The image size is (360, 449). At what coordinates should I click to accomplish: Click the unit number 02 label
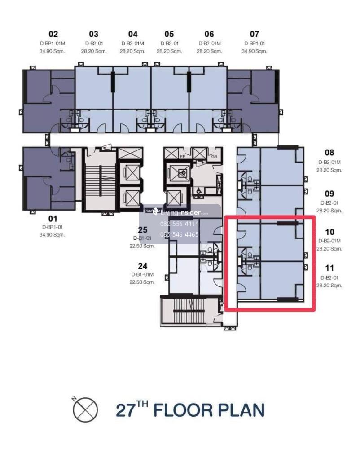click(x=53, y=34)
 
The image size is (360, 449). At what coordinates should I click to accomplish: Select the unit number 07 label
click(x=255, y=34)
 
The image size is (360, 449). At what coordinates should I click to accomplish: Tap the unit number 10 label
click(x=329, y=232)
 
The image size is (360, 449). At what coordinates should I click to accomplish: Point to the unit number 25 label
click(x=142, y=229)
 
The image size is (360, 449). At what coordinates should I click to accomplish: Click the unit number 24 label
click(x=142, y=266)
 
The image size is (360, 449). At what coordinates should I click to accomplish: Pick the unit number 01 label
click(x=53, y=219)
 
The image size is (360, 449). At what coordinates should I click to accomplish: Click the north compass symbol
click(x=85, y=409)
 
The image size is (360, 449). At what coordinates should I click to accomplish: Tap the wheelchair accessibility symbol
click(x=198, y=190)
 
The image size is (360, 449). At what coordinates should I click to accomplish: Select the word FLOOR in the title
click(x=183, y=410)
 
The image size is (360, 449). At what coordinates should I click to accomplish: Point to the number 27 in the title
click(x=125, y=410)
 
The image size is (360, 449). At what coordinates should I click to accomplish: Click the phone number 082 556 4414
click(x=180, y=224)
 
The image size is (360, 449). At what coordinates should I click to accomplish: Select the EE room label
click(x=183, y=157)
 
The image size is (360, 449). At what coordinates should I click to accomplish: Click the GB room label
click(x=214, y=157)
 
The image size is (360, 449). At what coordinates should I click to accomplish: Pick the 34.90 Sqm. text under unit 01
click(x=52, y=235)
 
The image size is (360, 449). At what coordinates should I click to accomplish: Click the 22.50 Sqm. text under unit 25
click(x=142, y=246)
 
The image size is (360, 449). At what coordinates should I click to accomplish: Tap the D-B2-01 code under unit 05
click(x=169, y=44)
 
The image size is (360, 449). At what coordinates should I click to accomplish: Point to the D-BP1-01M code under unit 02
click(x=53, y=44)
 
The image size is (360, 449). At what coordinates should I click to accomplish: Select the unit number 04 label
click(x=133, y=34)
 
